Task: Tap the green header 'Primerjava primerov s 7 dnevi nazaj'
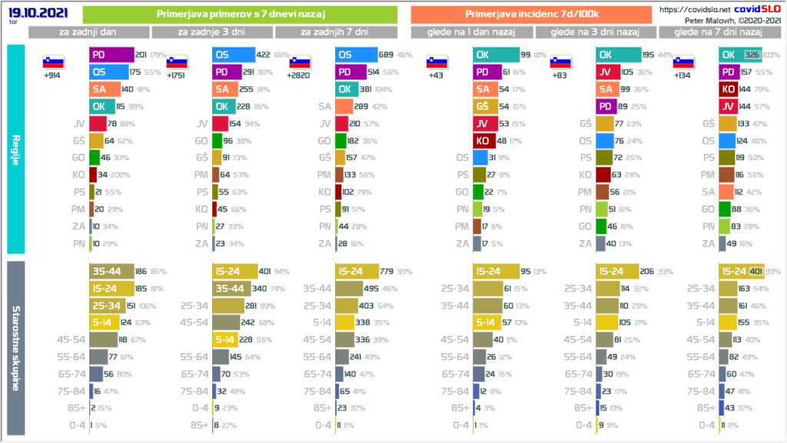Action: click(x=239, y=15)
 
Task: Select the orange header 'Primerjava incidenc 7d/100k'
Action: click(x=533, y=15)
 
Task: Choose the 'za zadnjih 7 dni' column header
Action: click(x=336, y=32)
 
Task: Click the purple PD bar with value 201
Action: click(x=111, y=55)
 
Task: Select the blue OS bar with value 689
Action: click(x=356, y=55)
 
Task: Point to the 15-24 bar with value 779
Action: click(x=358, y=271)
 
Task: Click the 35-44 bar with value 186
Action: click(x=110, y=271)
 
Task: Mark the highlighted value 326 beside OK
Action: click(x=752, y=55)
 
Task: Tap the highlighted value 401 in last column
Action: click(x=756, y=271)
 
